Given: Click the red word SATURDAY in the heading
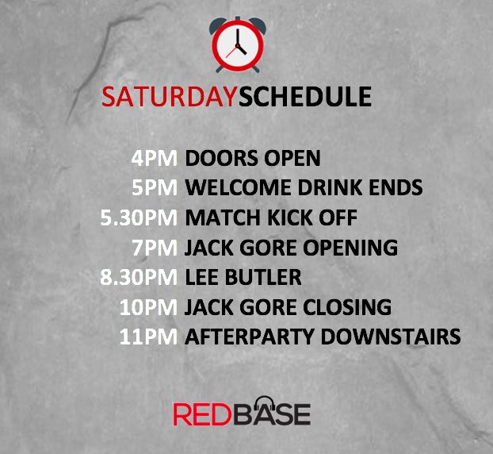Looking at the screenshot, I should pos(169,96).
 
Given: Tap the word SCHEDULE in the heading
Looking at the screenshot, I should pos(304,96).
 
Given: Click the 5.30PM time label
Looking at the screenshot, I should pos(140,217).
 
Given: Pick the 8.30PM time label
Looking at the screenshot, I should pos(140,277).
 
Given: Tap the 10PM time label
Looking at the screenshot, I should pos(149,307).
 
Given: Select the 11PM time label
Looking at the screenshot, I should pos(149,337).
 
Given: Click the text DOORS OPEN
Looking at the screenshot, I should pos(252,158).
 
